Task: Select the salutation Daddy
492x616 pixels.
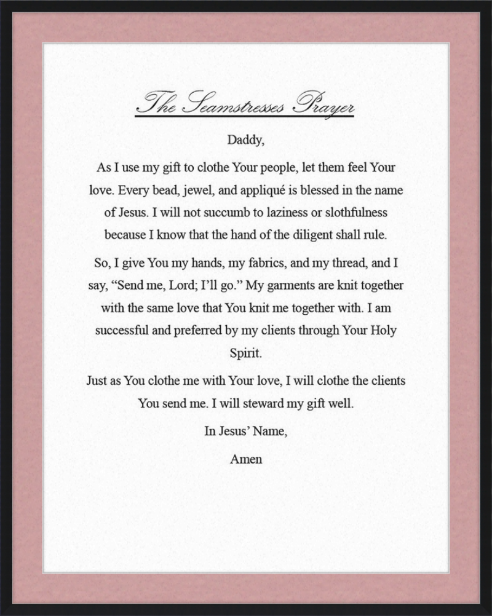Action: tap(245, 140)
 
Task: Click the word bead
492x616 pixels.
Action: tap(157, 191)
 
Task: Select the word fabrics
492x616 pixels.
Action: tap(265, 263)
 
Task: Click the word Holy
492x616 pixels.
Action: tap(383, 330)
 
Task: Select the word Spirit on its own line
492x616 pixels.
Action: tap(245, 354)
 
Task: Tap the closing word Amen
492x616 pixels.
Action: tap(245, 459)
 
